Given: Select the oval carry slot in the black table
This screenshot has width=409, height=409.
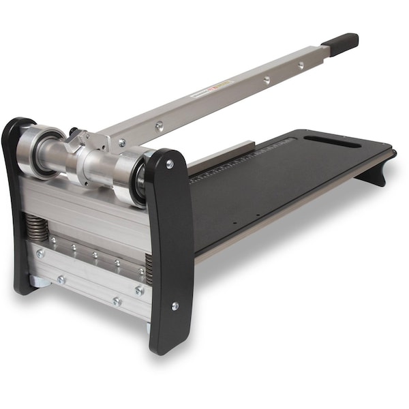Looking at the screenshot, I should click(332, 141).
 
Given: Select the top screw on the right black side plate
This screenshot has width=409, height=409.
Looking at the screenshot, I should click(169, 164).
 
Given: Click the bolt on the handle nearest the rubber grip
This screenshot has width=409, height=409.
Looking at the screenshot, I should click(301, 65).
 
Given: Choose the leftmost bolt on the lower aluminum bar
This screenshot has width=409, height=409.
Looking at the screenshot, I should click(40, 253).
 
